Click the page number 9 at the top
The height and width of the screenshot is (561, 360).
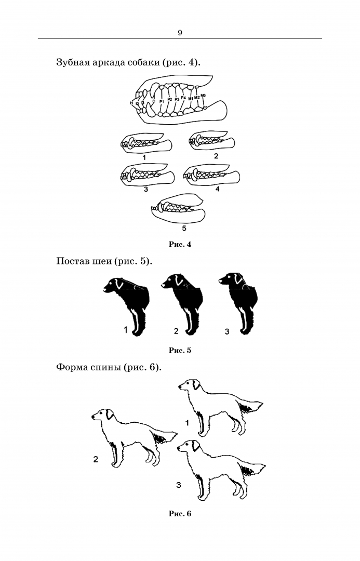pos(180,33)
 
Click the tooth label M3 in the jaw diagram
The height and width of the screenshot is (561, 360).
pos(203,95)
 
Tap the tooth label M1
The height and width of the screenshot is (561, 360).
pos(191,98)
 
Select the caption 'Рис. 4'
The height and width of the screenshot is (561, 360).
pos(180,244)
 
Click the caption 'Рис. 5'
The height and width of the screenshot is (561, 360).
pos(180,350)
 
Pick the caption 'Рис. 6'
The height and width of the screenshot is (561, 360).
pos(180,514)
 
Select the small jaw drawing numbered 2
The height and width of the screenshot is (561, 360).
pos(211,140)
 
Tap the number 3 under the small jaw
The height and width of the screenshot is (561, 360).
pos(145,189)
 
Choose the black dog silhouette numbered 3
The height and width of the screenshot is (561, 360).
pos(239,303)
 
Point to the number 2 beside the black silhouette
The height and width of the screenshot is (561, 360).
pos(176,331)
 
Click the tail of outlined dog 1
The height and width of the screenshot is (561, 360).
pos(252,406)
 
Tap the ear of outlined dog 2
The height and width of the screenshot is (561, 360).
pos(110,415)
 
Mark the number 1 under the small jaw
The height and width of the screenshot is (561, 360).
pos(144,157)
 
